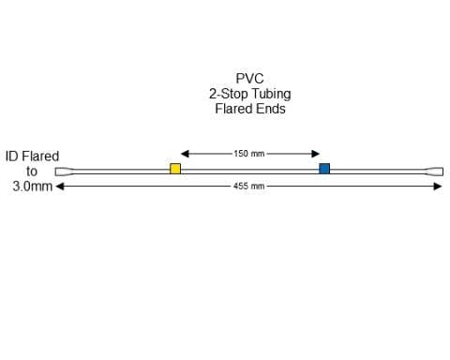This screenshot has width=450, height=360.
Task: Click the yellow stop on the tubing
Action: (x=175, y=169)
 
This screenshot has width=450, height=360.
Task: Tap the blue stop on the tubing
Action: (x=324, y=169)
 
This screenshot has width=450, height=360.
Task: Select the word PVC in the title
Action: (x=249, y=80)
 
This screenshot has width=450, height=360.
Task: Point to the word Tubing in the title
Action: (x=270, y=94)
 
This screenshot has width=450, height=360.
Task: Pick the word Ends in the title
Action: (x=272, y=109)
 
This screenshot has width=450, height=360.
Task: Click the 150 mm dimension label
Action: (x=249, y=154)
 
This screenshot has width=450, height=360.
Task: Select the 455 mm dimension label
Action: (x=249, y=187)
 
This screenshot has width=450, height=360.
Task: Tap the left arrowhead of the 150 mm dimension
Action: (x=184, y=154)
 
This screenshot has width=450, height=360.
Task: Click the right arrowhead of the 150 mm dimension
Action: (x=316, y=154)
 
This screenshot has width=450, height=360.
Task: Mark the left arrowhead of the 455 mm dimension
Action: (x=61, y=187)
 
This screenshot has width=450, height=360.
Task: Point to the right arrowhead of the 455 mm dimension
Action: (x=438, y=187)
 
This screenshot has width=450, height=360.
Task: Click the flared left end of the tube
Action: (x=63, y=172)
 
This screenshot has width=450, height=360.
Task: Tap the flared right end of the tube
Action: (x=436, y=172)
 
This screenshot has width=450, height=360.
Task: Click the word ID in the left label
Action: (x=12, y=157)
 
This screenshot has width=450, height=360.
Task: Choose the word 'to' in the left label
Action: (x=33, y=172)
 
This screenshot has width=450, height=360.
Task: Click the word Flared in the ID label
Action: (x=41, y=157)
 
